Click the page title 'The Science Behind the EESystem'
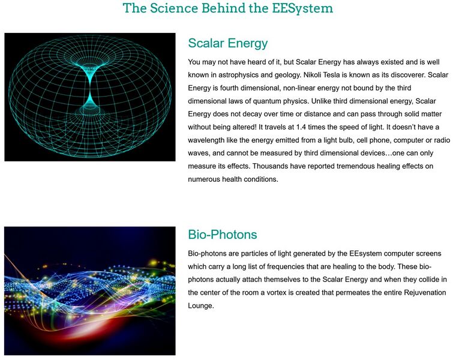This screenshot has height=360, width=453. (x=227, y=8)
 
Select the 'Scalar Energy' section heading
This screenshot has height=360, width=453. (x=227, y=43)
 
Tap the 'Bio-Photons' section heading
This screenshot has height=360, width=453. (x=222, y=234)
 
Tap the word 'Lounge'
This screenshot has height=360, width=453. (x=201, y=305)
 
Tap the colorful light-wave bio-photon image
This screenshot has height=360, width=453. (x=90, y=290)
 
